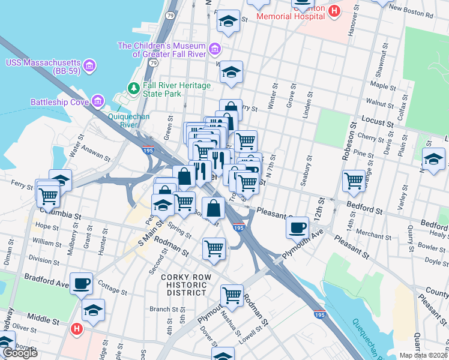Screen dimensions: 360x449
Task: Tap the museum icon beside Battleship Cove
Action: click(x=98, y=101)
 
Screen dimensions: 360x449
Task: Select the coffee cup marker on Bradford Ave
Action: click(x=82, y=283)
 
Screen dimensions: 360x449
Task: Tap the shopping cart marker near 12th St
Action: click(x=354, y=180)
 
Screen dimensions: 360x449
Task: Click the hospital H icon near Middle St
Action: click(x=76, y=328)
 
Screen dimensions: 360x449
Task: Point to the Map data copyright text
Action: click(x=424, y=355)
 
